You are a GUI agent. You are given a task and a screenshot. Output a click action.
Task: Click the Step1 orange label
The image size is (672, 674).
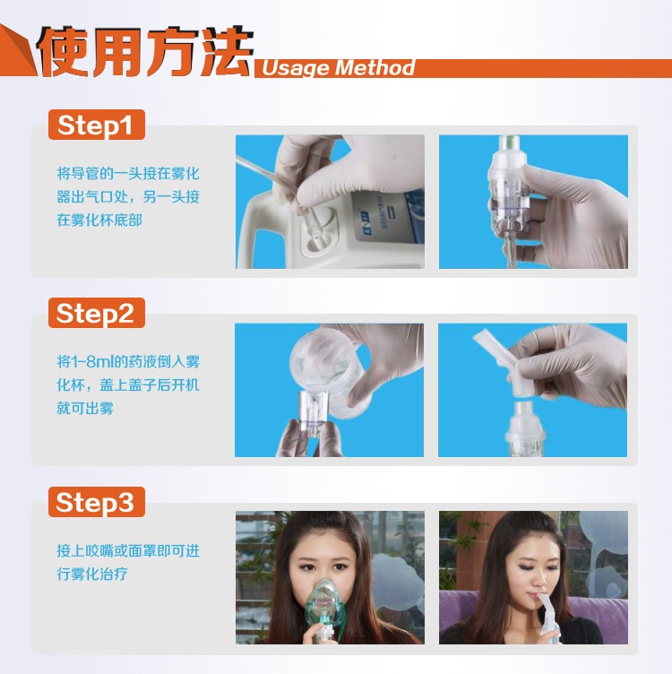pos(96,125)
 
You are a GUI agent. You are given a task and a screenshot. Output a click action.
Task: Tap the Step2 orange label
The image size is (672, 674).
pos(96,313)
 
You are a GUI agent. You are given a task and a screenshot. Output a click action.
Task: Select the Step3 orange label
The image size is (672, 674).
pos(96,502)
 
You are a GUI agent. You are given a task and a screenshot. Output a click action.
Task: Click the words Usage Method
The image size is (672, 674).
pos(338,68)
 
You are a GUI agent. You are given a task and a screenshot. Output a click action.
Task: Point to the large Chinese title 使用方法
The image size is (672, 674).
pos(145,52)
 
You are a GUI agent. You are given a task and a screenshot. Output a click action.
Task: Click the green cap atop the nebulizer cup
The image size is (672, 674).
pos(509,142)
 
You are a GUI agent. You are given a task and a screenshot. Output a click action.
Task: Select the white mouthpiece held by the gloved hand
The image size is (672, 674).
pos(507,361)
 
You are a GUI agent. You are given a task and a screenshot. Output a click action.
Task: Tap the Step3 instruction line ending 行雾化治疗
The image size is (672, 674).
pos(92,574)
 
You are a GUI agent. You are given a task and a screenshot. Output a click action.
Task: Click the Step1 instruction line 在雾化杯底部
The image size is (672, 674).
pos(99,220)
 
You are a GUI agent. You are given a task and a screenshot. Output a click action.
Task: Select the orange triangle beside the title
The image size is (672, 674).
pos(16,51)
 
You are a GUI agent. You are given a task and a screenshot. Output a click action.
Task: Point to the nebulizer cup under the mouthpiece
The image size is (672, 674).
pos(525,429)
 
